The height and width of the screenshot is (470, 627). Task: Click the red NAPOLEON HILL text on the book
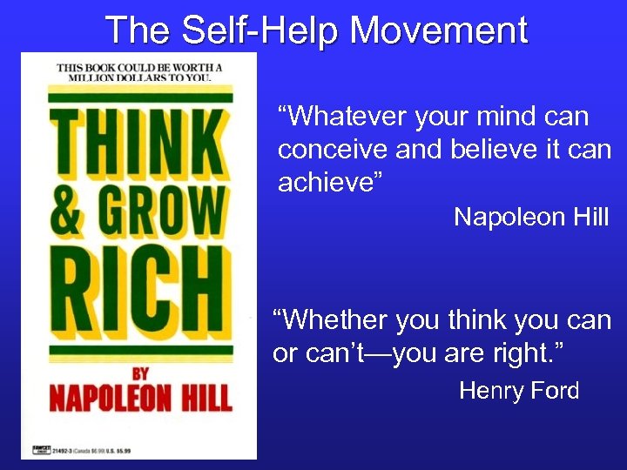click(x=139, y=399)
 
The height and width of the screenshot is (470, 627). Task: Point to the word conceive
click(x=332, y=149)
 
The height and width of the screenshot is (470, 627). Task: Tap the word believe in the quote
click(x=490, y=149)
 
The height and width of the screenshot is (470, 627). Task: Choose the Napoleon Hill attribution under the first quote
click(x=530, y=218)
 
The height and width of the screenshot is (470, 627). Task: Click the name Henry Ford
click(x=518, y=391)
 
